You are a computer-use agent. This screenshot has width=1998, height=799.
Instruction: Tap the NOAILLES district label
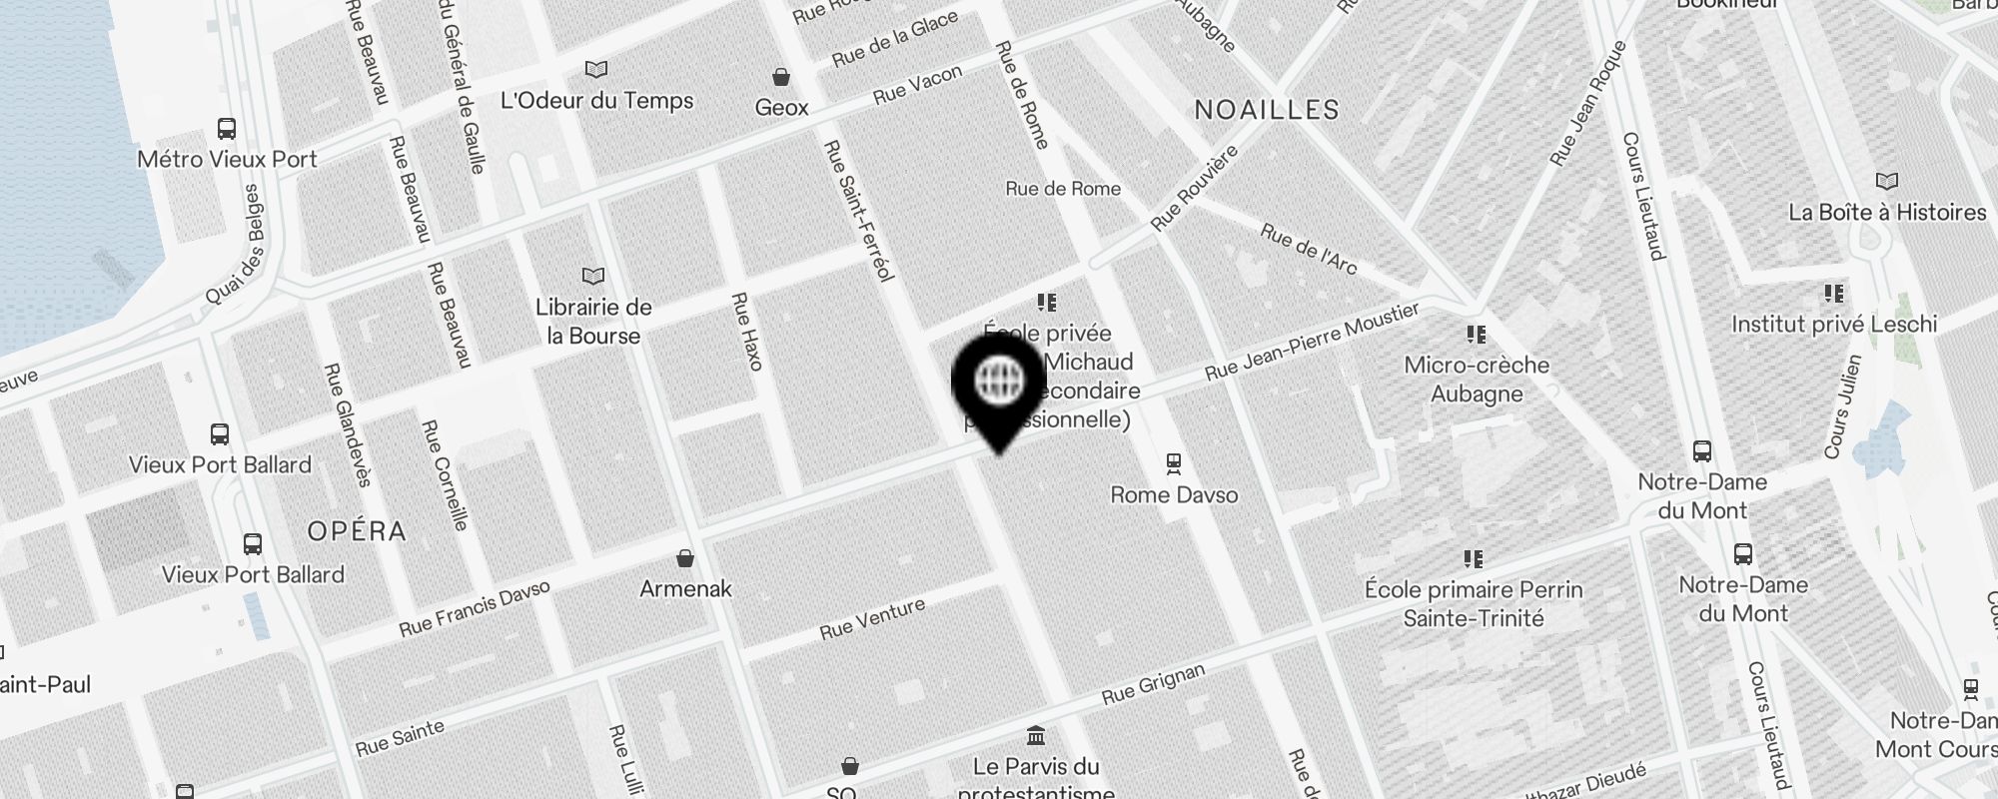1267,110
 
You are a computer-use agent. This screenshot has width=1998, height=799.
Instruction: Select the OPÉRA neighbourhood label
357,531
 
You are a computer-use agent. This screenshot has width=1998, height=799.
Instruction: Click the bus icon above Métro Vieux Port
227,129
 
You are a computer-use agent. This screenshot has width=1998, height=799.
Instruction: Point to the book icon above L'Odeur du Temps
596,70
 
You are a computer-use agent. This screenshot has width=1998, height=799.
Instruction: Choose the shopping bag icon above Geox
781,77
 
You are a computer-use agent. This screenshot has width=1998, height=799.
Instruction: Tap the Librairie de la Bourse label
593,322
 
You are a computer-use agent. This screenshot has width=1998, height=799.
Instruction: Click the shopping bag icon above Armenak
685,557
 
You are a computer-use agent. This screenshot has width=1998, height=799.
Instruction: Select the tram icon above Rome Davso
1174,463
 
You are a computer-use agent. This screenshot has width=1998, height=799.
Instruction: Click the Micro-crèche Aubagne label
1477,380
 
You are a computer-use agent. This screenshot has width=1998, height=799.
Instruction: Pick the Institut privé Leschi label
1833,325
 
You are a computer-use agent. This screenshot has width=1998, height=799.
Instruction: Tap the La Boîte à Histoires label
1886,213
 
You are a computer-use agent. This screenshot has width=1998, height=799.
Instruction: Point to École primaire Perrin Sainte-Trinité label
1474,603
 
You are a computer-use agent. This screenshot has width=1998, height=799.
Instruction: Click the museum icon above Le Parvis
1036,736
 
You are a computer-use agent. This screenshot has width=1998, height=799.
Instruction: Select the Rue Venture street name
872,618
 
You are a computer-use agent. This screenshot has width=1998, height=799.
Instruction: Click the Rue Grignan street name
1153,684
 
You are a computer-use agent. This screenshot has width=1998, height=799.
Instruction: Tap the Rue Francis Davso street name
475,609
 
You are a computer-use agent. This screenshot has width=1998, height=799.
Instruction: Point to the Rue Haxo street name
747,332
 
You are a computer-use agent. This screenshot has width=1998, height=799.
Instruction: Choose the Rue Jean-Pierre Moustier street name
1312,343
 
